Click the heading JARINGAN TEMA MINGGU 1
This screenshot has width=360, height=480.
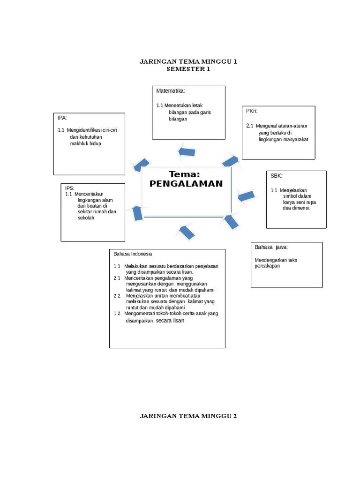(x=188, y=61)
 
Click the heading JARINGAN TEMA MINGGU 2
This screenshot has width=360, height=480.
(x=188, y=416)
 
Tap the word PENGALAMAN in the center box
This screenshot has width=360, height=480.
(x=186, y=184)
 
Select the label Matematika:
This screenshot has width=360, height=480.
(x=171, y=90)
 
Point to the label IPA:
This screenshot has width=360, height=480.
(x=62, y=118)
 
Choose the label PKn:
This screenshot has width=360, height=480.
(x=252, y=111)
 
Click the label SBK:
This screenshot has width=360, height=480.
(x=276, y=176)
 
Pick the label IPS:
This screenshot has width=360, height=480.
(x=70, y=188)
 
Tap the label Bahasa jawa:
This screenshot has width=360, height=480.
(x=271, y=247)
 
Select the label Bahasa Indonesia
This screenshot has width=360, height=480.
(x=133, y=254)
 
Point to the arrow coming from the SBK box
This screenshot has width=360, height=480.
(x=246, y=196)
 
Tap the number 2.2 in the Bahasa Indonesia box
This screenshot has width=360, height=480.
(x=117, y=296)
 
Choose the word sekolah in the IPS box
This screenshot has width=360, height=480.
(x=86, y=218)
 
